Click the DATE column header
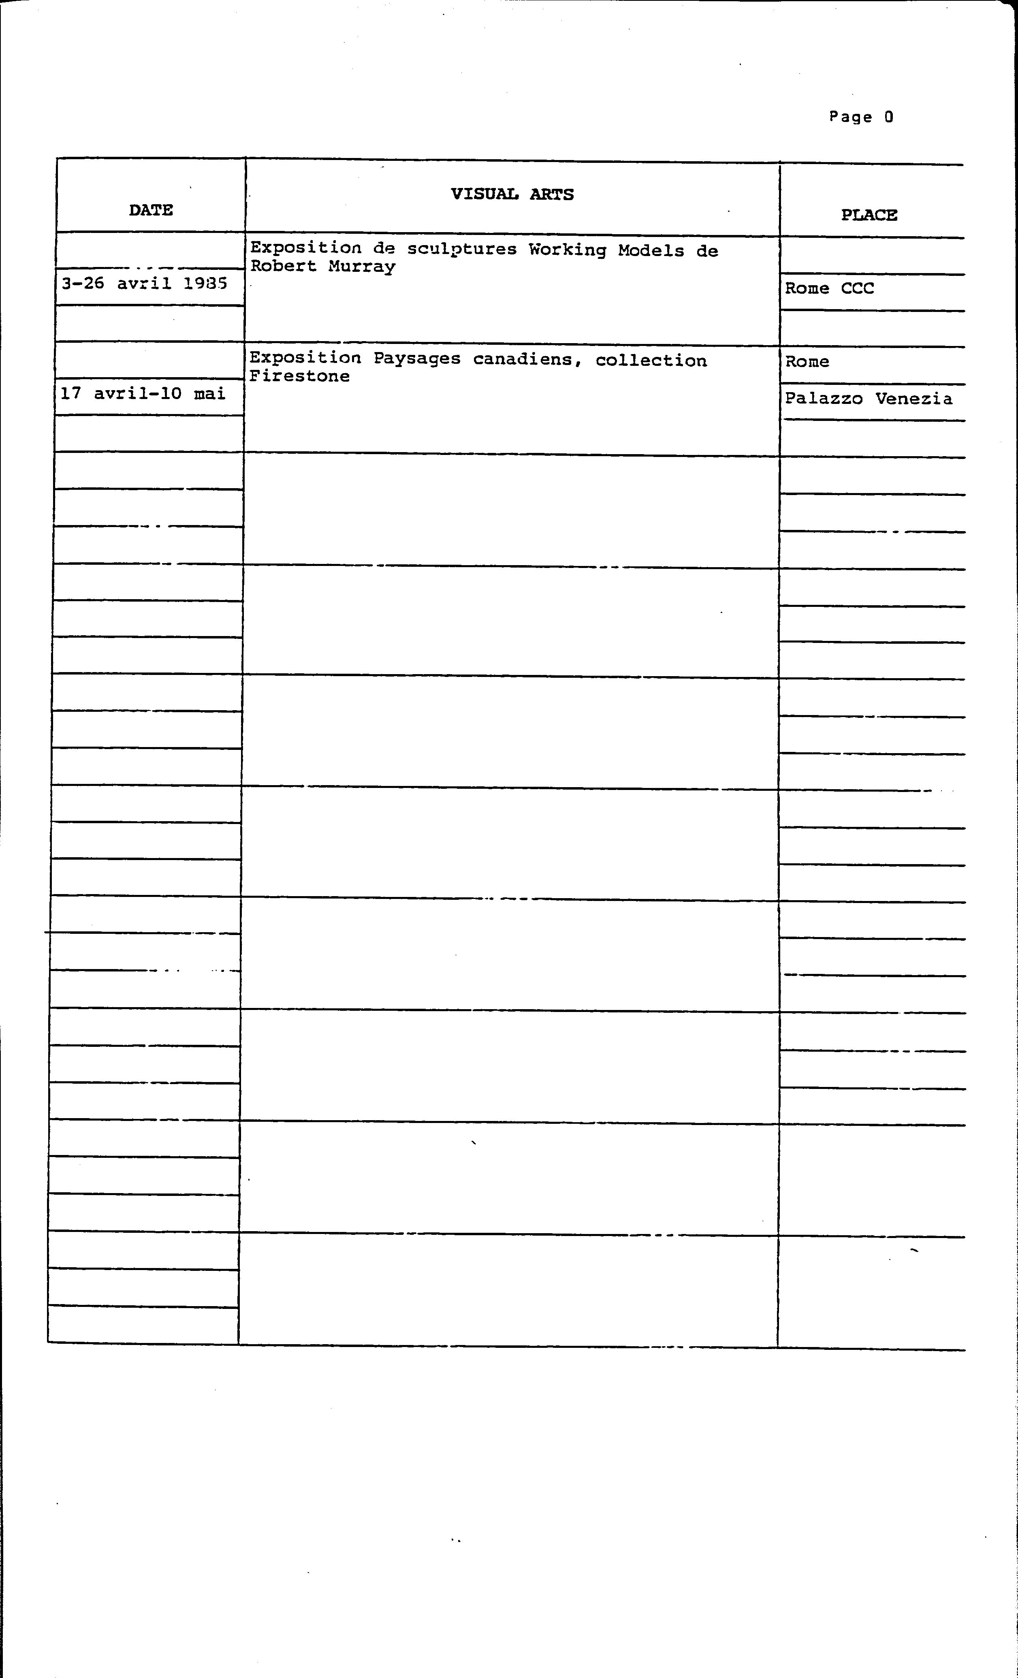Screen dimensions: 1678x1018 coord(150,210)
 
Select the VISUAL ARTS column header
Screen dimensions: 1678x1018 coord(512,194)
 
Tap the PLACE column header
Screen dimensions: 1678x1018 coord(869,215)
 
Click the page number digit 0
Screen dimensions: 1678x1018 coord(889,116)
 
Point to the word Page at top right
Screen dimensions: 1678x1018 coord(850,117)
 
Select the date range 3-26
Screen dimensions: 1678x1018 coord(82,283)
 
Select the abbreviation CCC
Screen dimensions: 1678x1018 coord(857,288)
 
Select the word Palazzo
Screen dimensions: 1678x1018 coord(823,398)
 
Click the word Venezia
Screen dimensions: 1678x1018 coord(914,398)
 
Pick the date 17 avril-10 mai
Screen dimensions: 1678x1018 coord(142,394)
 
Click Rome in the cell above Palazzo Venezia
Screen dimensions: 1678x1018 coord(807,362)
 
